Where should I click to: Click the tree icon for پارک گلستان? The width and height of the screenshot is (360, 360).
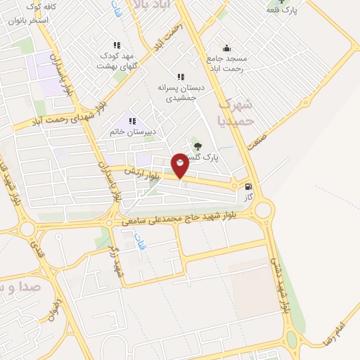click(x=196, y=146)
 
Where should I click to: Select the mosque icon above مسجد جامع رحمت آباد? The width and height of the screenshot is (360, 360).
click(x=226, y=48)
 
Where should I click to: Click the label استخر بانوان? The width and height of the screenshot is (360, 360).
click(x=28, y=20)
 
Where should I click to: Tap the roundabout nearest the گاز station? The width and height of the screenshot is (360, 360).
click(x=264, y=209)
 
